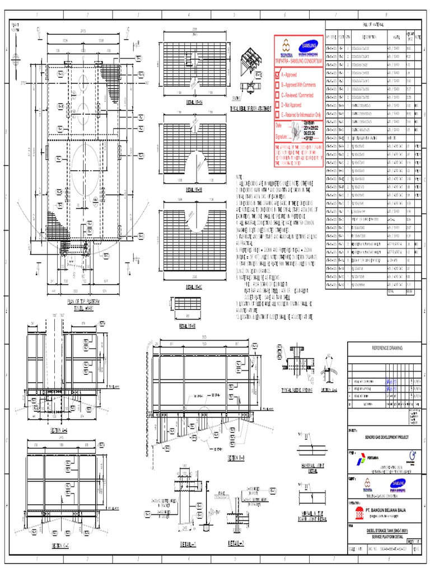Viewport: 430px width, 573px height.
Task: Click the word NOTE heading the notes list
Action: (240, 176)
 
